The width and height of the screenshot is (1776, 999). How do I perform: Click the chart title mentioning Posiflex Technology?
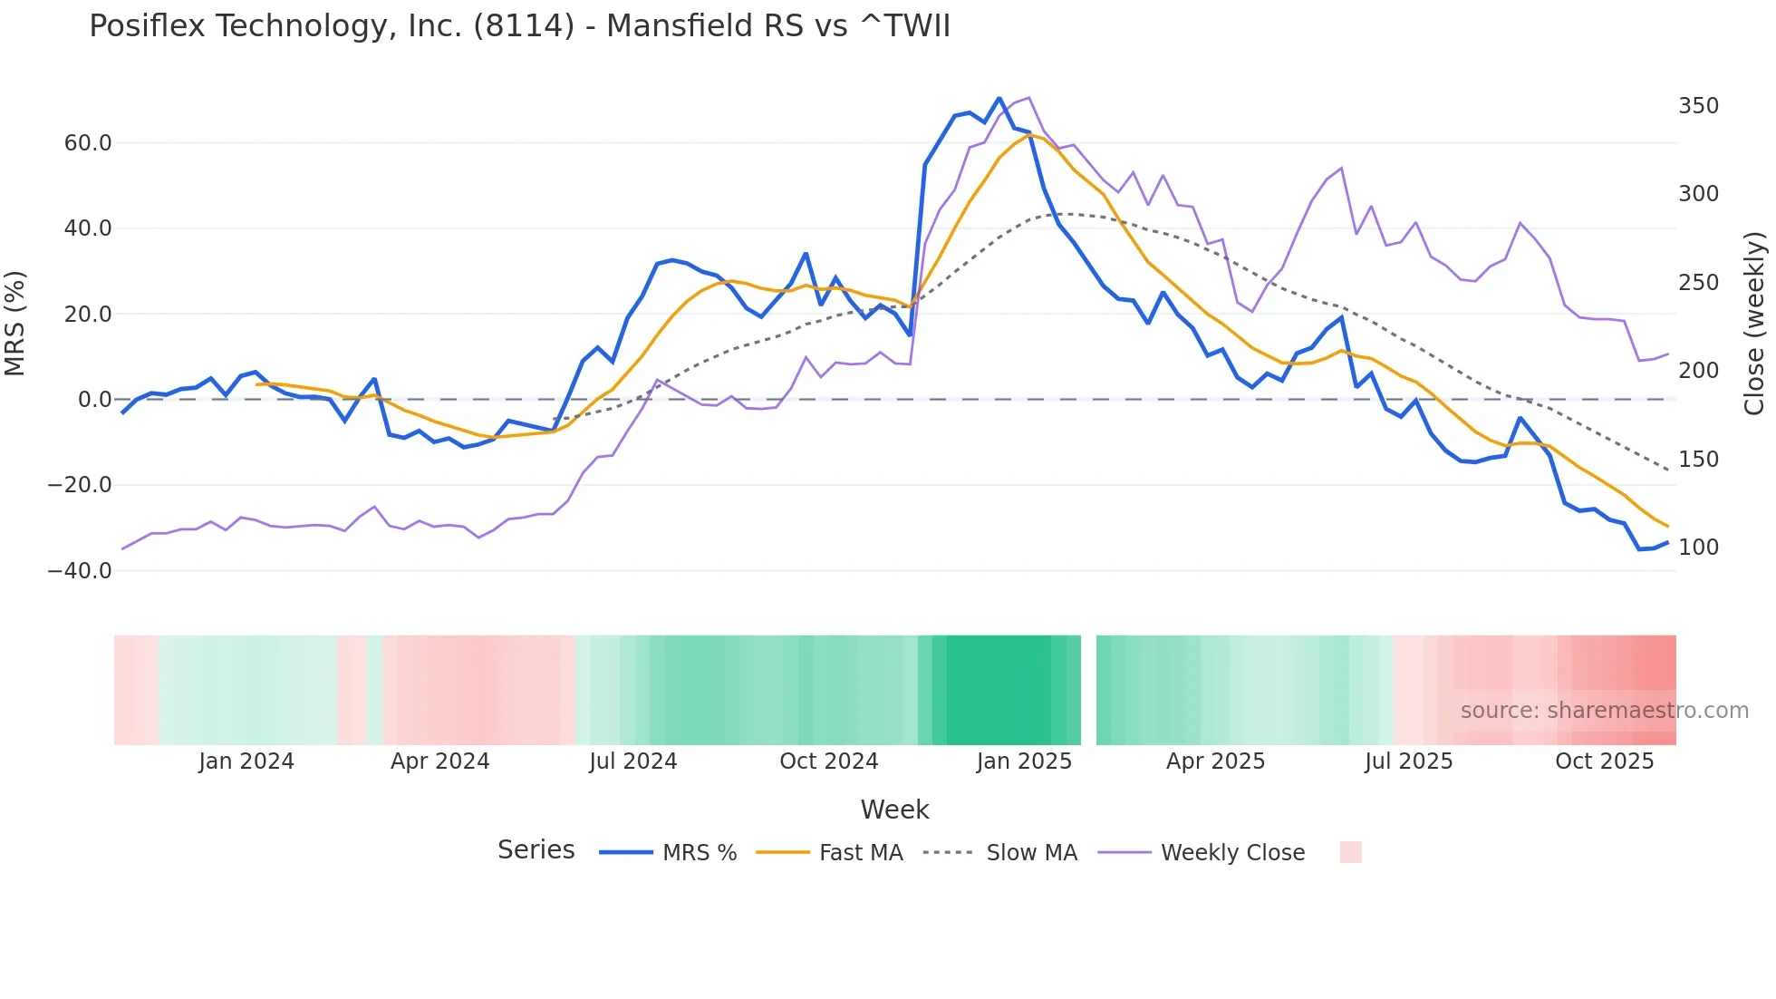pyautogui.click(x=519, y=26)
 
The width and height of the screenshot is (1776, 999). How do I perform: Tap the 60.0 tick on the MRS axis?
pyautogui.click(x=87, y=143)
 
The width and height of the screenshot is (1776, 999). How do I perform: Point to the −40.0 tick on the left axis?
pyautogui.click(x=80, y=571)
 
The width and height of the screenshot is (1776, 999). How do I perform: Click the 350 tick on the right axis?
pyautogui.click(x=1698, y=106)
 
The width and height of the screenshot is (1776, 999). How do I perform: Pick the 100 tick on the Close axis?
pyautogui.click(x=1698, y=548)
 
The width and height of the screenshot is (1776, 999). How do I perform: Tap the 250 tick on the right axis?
pyautogui.click(x=1698, y=283)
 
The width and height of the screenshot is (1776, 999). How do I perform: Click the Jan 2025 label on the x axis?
pyautogui.click(x=1024, y=761)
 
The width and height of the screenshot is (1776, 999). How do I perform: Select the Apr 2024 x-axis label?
pyautogui.click(x=439, y=761)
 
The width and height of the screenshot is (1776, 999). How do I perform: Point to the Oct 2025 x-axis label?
pyautogui.click(x=1604, y=761)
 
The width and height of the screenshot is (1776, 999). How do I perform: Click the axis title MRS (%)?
pyautogui.click(x=15, y=324)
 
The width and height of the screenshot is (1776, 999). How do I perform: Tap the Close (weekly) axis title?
pyautogui.click(x=1755, y=324)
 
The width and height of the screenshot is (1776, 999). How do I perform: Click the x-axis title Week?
pyautogui.click(x=894, y=810)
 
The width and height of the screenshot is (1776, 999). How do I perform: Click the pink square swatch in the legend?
pyautogui.click(x=1350, y=852)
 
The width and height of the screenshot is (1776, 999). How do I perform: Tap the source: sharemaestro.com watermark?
pyautogui.click(x=1604, y=711)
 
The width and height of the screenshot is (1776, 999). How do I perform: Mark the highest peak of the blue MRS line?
pyautogui.click(x=999, y=98)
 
